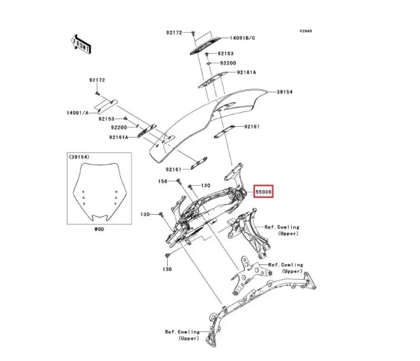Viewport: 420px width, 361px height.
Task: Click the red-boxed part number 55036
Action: point(264,192)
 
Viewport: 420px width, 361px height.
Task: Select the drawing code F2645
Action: point(307,30)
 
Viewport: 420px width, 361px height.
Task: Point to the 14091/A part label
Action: point(78,113)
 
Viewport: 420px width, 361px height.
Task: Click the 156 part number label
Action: point(162,181)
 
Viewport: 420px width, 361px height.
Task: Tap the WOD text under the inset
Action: point(99,229)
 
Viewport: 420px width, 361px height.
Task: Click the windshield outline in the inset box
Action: point(99,194)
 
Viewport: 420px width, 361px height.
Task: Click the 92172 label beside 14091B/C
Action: point(174,32)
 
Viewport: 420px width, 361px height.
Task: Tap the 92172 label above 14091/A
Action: point(97,80)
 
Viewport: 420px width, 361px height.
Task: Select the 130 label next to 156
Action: point(205,185)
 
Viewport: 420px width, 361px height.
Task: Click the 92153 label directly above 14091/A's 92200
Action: point(107,119)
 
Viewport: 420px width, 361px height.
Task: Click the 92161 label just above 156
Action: point(172,170)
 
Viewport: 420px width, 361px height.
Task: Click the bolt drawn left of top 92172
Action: point(193,32)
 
